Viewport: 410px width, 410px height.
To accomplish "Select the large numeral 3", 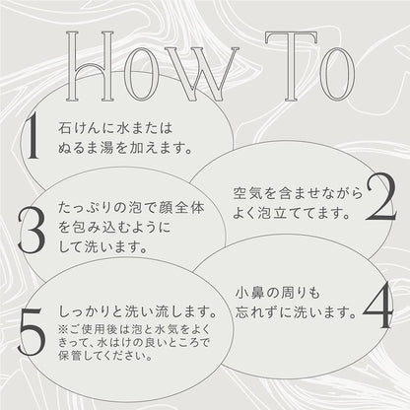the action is click(x=32, y=230).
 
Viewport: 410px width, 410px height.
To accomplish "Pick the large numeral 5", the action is click(x=32, y=332).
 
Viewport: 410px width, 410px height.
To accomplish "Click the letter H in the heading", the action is click(x=90, y=66).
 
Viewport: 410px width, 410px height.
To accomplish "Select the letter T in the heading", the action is click(x=292, y=66).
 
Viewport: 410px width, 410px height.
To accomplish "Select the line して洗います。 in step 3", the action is click(x=102, y=247).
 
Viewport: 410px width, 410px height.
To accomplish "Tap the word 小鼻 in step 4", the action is click(x=249, y=293).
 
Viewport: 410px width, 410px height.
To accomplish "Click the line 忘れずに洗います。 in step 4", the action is click(x=296, y=312).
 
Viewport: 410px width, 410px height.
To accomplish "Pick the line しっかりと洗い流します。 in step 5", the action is click(x=137, y=312).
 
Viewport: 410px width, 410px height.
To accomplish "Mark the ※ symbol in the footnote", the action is click(x=63, y=329).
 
